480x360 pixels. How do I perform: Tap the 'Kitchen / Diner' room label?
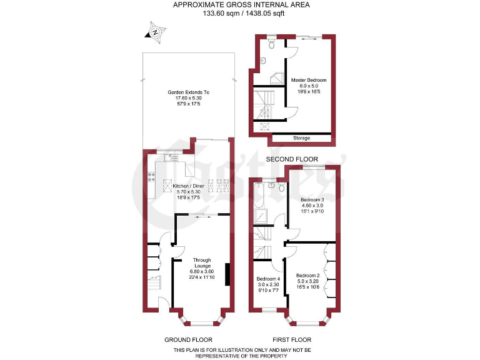189,186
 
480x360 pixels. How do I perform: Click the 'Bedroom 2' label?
308,276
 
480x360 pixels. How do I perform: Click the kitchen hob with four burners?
151,178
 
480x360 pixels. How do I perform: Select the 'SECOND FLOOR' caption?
292,159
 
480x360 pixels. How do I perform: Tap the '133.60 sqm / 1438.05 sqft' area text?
241,14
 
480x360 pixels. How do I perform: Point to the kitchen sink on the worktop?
173,159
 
